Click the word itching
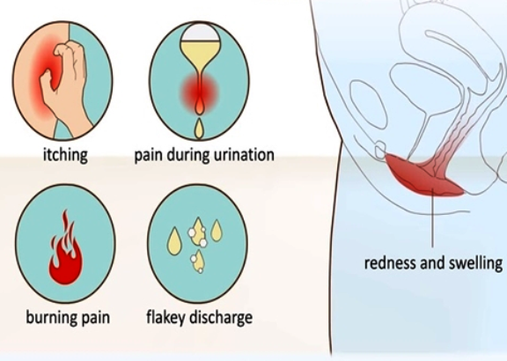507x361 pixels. (x=65, y=155)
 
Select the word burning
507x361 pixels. (x=50, y=318)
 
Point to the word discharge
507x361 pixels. (x=221, y=318)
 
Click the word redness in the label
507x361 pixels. (x=390, y=263)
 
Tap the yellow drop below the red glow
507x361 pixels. (x=199, y=129)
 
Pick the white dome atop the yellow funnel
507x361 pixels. (x=200, y=33)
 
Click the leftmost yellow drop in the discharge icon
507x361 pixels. (x=173, y=241)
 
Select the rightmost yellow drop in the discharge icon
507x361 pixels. (x=217, y=231)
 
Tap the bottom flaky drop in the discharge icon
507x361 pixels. (x=198, y=262)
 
